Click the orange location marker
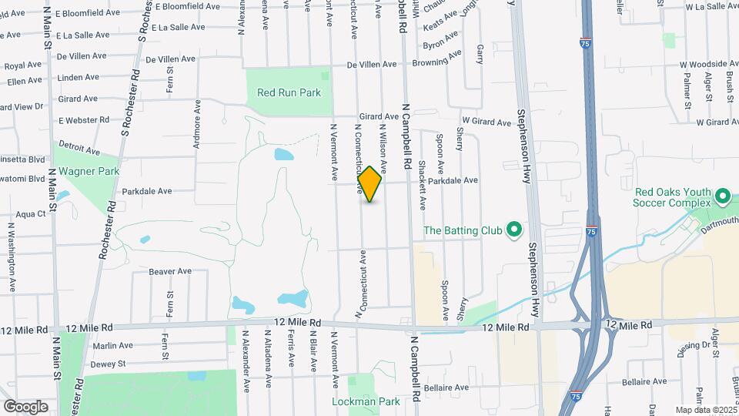369,184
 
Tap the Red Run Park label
289,92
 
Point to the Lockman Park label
366,401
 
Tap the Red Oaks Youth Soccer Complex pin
722,196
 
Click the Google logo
25,406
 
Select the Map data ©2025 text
705,410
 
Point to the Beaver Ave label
170,271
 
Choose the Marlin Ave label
114,346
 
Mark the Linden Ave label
79,77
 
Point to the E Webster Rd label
84,120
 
